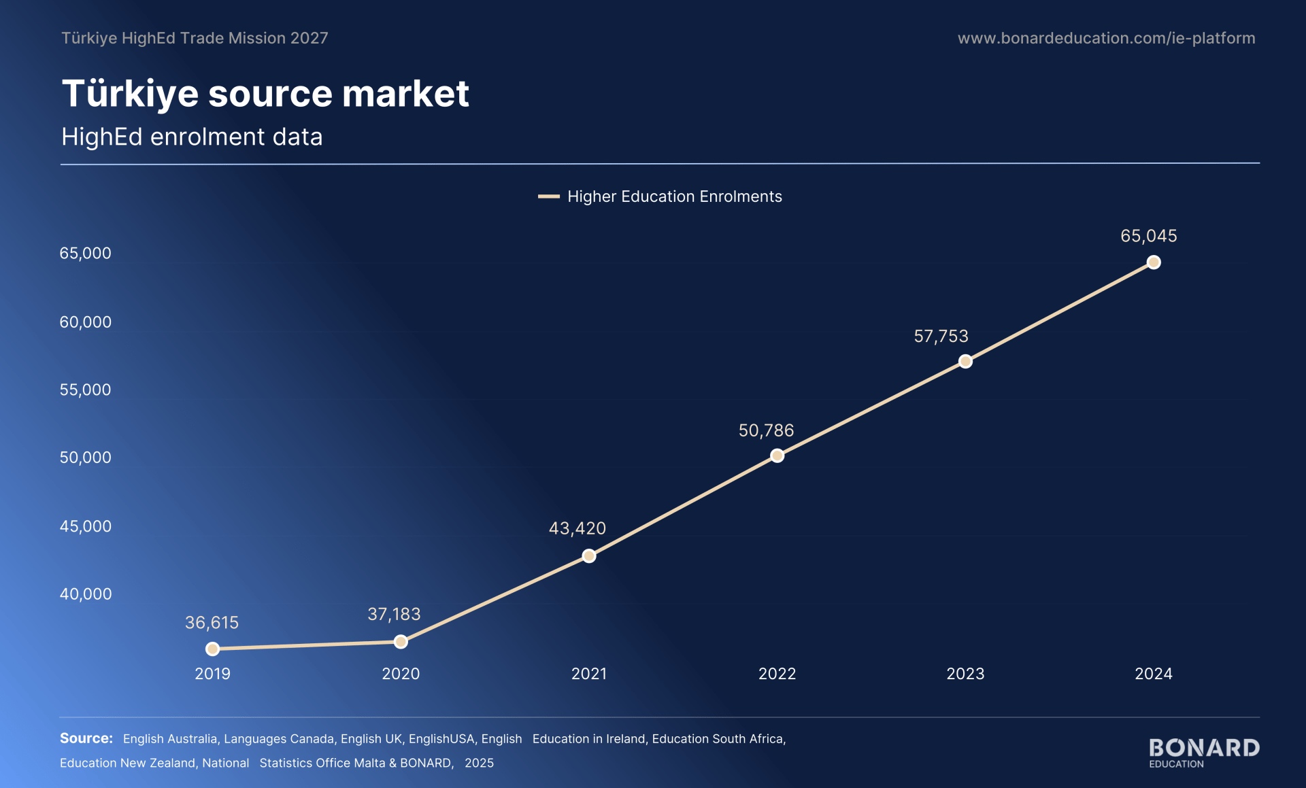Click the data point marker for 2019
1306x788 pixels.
coord(212,649)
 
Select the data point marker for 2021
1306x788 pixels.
coord(589,556)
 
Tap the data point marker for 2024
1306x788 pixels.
coord(1154,262)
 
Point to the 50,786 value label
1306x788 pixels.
coord(766,430)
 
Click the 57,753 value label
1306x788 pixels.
coord(941,336)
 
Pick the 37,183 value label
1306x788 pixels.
coord(394,614)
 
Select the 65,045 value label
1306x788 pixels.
coord(1149,236)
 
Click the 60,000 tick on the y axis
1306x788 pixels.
coord(86,322)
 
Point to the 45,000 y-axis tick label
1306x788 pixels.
coord(86,526)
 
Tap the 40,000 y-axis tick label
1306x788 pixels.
coord(86,594)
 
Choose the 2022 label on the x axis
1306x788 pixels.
coord(777,674)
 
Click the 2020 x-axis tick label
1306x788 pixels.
coord(401,674)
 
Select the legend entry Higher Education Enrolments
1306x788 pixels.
coord(660,196)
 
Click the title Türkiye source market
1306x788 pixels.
coord(265,93)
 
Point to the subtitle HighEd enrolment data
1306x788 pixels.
coord(192,137)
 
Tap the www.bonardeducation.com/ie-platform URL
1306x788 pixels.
coord(1107,38)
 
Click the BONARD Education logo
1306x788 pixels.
coord(1204,753)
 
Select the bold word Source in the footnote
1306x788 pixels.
coord(86,738)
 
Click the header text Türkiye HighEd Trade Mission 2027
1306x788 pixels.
coord(195,38)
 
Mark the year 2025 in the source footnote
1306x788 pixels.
coord(480,763)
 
